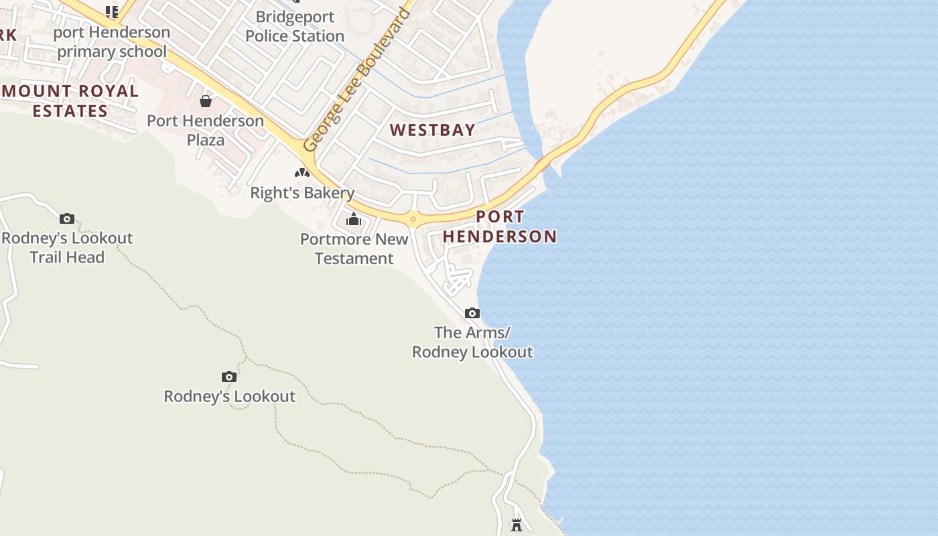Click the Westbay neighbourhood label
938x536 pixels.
[433, 130]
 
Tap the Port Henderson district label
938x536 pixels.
[500, 226]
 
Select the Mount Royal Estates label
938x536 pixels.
[70, 101]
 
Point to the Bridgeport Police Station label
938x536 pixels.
[295, 26]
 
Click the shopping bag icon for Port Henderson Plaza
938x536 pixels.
[206, 101]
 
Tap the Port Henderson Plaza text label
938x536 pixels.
[206, 131]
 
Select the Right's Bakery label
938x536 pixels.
[302, 193]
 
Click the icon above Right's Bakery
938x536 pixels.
[302, 173]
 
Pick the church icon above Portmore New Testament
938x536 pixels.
[354, 219]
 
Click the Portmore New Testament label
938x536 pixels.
[354, 249]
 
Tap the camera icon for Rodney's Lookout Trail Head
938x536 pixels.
[66, 218]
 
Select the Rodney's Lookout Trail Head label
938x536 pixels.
[67, 247]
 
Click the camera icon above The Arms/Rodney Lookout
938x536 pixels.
[472, 313]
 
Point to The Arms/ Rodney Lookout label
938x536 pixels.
[472, 342]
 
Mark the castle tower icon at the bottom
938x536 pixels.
[517, 525]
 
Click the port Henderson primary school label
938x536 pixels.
[112, 42]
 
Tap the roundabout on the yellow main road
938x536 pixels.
[413, 218]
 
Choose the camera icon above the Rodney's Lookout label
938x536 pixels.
[229, 377]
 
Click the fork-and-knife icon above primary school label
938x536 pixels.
[112, 11]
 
